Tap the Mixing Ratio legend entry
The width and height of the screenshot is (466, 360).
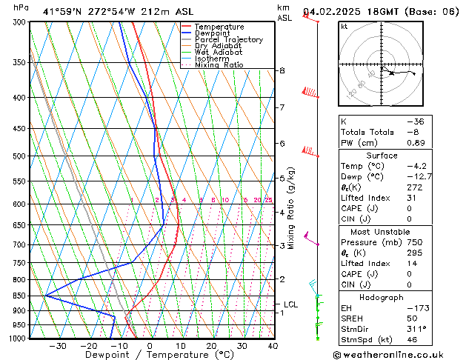tap(219, 65)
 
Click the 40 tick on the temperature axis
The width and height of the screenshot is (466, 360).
tap(273, 346)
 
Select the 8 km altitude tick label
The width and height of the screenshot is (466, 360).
tap(282, 70)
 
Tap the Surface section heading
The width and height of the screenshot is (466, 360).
tap(382, 156)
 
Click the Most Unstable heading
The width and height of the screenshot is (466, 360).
tap(382, 231)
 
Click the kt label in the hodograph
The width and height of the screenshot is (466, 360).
tap(344, 27)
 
